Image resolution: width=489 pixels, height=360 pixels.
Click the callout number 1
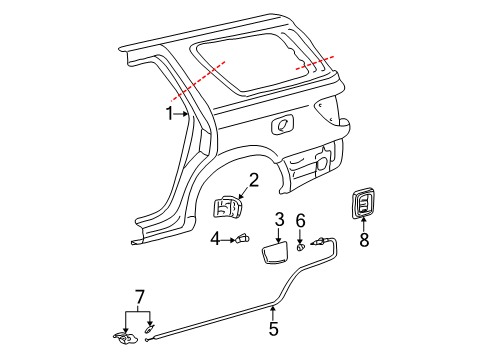point(170,113)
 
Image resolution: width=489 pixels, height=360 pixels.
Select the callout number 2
point(254,180)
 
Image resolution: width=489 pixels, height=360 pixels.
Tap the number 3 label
point(280,219)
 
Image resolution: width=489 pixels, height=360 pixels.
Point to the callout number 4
point(215,238)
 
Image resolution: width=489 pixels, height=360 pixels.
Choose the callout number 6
point(300,220)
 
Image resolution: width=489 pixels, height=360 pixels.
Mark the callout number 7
point(139,297)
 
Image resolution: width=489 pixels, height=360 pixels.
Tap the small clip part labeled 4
point(242,238)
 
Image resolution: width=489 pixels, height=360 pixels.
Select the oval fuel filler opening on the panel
point(283,124)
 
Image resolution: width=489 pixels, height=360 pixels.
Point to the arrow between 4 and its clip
point(227,238)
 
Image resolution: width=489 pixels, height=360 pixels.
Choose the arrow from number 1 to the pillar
point(182,114)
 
